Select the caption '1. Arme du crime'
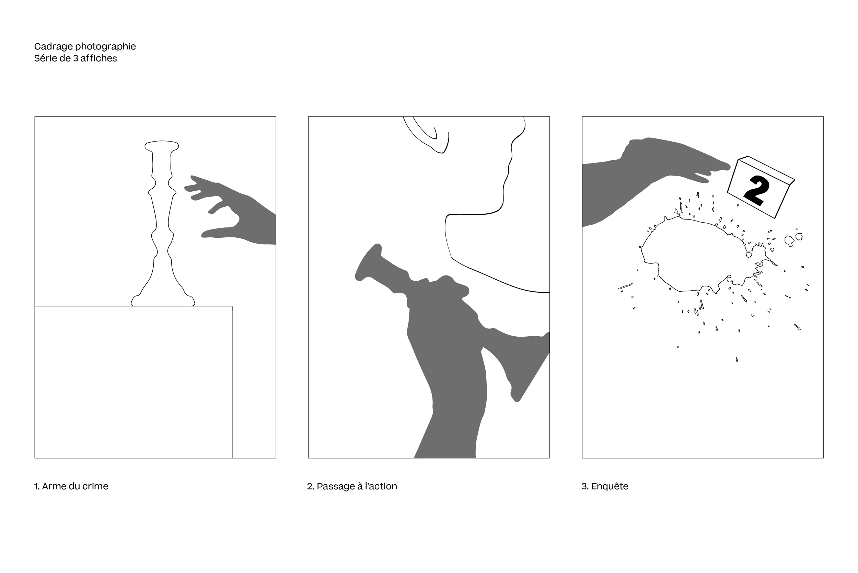click(x=71, y=486)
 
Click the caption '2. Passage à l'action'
click(x=352, y=486)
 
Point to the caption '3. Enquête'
click(x=605, y=486)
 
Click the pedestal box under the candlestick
click(x=133, y=382)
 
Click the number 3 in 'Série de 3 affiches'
click(x=76, y=58)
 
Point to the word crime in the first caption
click(x=97, y=486)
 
